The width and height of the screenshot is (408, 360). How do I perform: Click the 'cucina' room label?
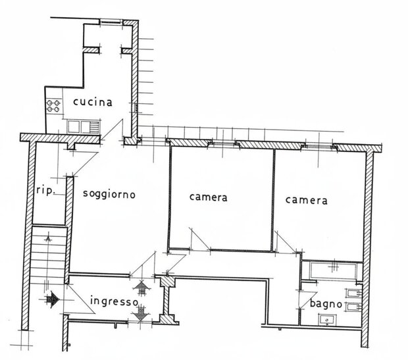click(x=93, y=102)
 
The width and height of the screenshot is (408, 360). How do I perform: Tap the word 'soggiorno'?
click(x=109, y=194)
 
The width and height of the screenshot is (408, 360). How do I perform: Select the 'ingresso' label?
click(x=115, y=301)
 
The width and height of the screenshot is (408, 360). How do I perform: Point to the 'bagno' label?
click(x=326, y=304)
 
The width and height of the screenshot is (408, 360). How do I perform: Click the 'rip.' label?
click(x=46, y=190)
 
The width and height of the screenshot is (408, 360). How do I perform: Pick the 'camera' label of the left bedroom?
click(x=208, y=197)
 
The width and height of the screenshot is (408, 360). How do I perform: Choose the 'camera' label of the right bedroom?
click(x=306, y=200)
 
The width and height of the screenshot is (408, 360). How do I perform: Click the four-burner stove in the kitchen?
click(x=53, y=106)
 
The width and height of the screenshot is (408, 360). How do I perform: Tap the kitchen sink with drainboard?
click(x=84, y=127)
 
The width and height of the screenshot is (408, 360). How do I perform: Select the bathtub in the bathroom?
click(x=333, y=271)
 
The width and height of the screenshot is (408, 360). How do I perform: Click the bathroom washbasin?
click(x=328, y=320)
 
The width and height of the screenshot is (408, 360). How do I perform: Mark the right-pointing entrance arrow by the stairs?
click(x=52, y=299)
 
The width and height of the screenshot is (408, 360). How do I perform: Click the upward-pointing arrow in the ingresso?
click(x=141, y=288)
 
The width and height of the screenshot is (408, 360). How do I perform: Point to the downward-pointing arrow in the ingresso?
click(x=141, y=313)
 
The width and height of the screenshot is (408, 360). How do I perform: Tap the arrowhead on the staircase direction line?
click(x=48, y=238)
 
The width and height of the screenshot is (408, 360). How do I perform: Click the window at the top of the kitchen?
click(x=111, y=22)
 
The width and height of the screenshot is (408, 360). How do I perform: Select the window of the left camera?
click(x=224, y=143)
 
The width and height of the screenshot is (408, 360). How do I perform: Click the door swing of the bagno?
click(x=307, y=300)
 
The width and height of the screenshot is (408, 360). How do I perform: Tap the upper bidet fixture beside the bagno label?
click(x=353, y=294)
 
